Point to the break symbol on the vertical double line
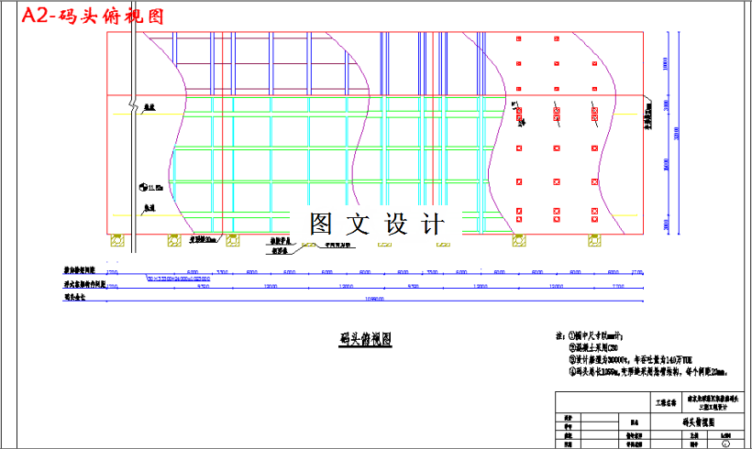(x=134, y=99)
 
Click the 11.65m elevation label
(x=154, y=187)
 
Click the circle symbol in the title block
(x=727, y=444)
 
